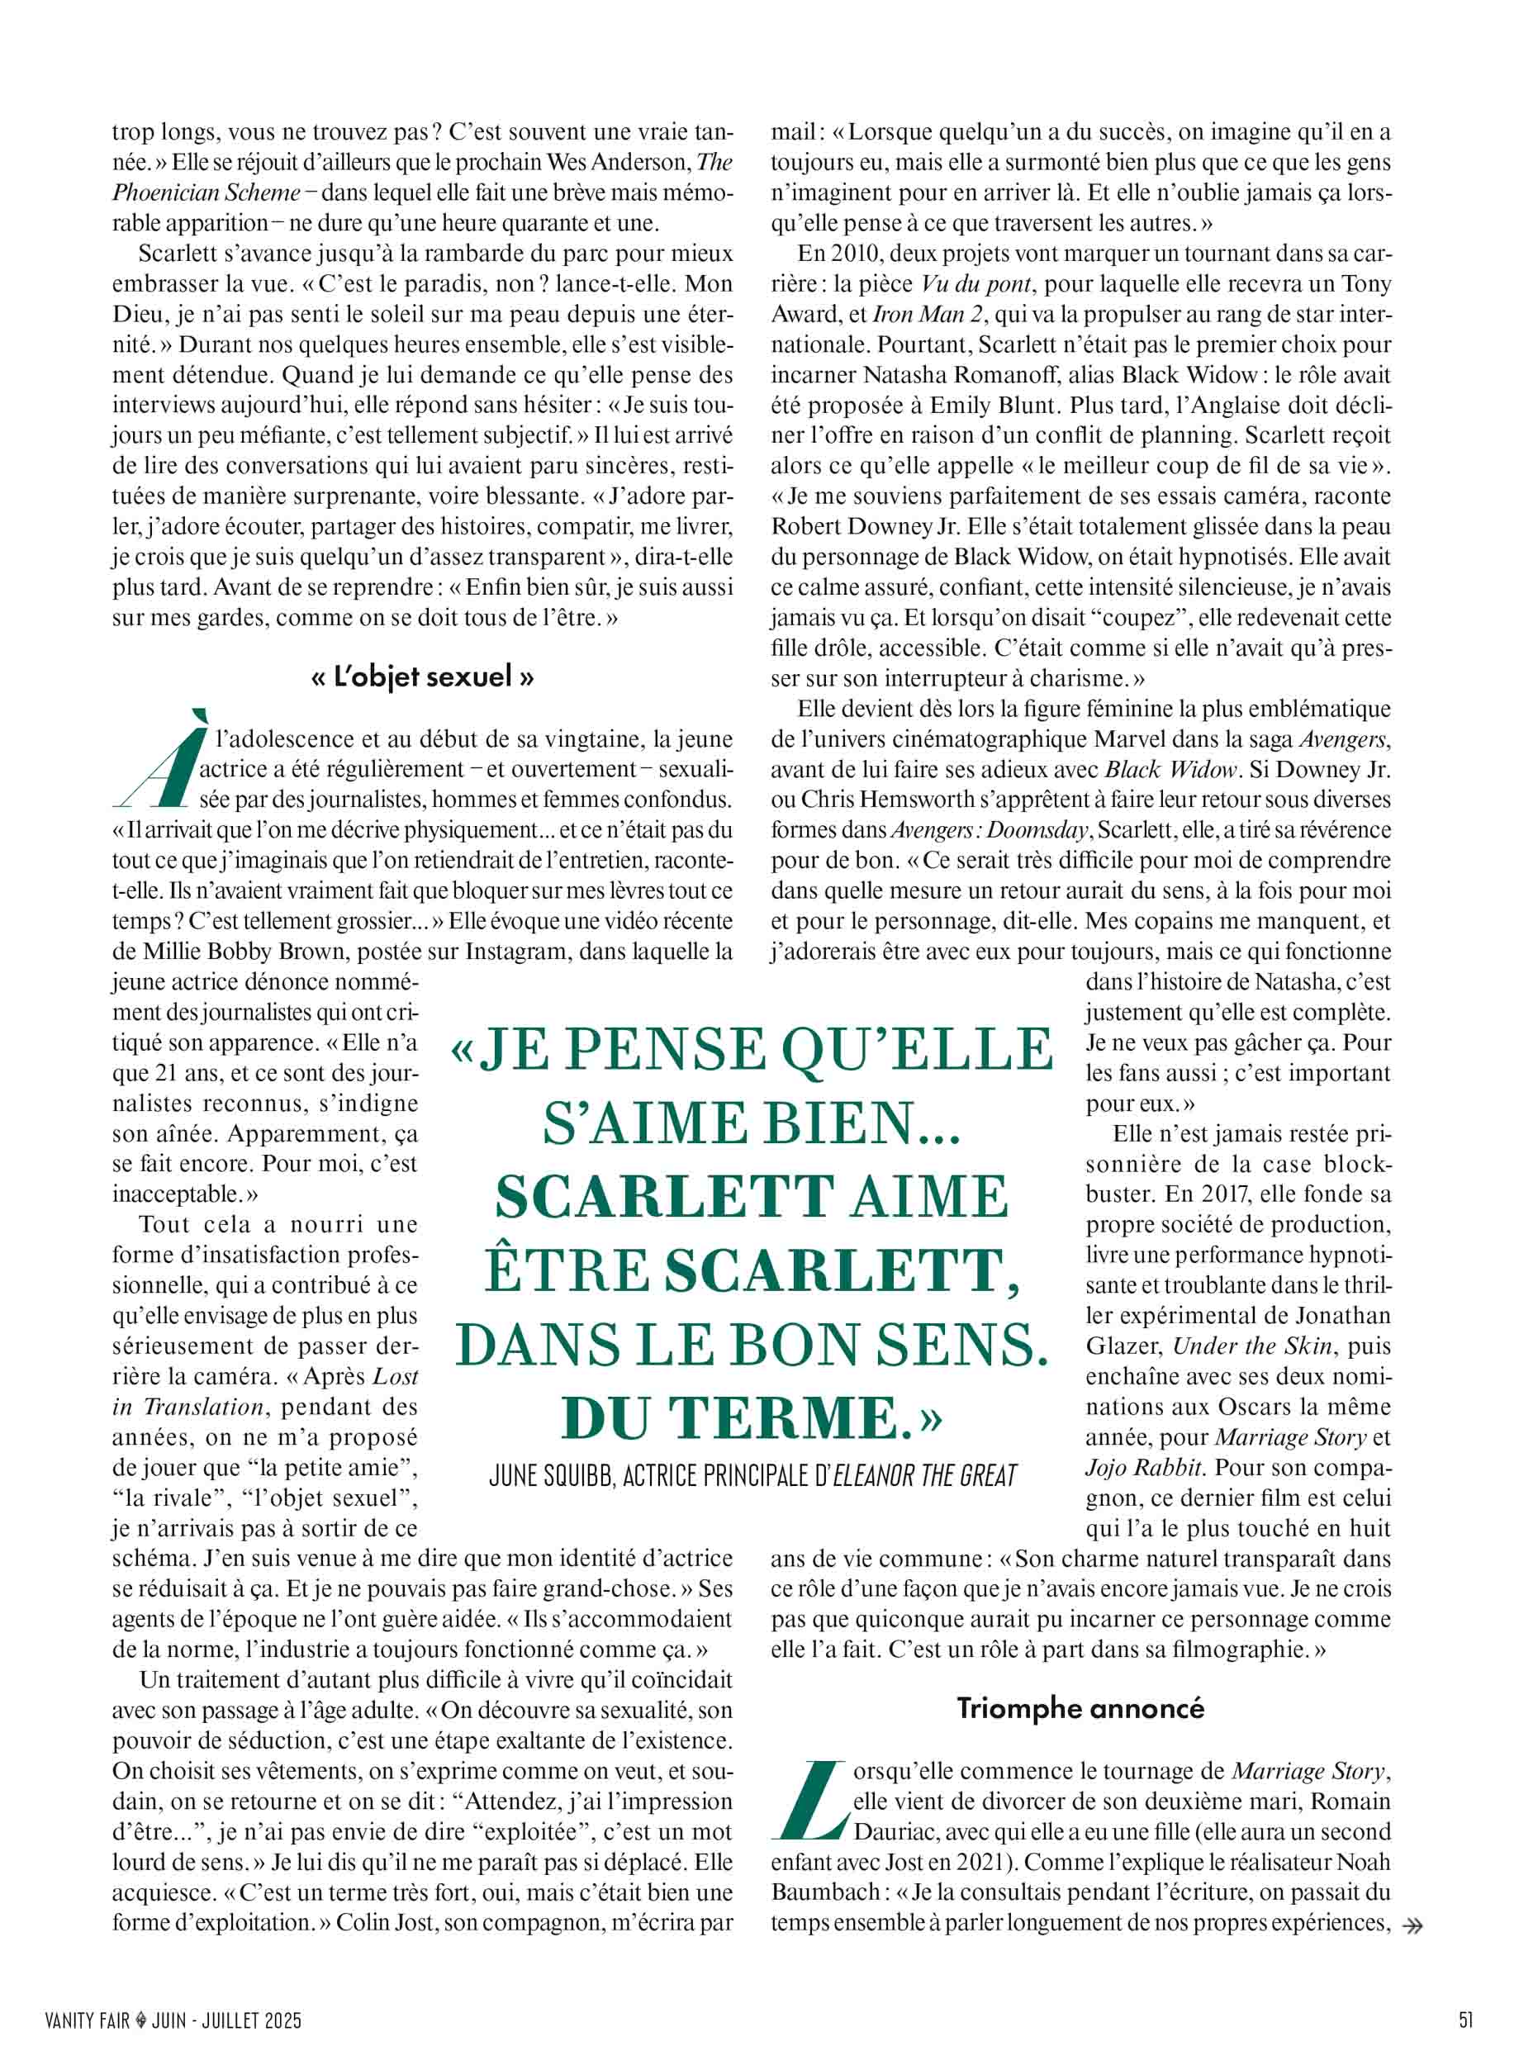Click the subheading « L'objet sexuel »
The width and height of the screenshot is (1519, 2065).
423,677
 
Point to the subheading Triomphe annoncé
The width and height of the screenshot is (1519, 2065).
1080,1708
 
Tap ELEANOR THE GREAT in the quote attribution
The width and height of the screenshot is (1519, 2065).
924,1477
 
